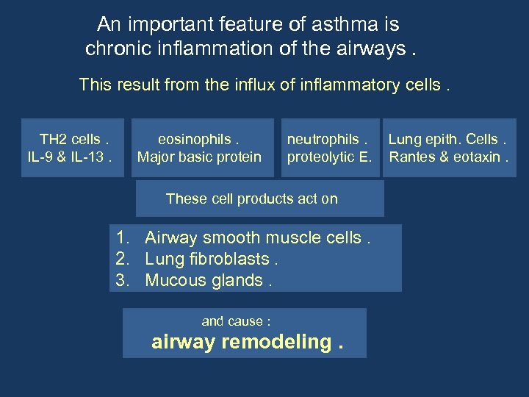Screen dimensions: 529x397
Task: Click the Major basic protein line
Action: click(x=199, y=157)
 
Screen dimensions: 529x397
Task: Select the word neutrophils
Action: click(x=323, y=140)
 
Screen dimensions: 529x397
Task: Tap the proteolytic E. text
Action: click(x=330, y=157)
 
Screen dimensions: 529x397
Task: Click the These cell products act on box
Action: click(x=252, y=198)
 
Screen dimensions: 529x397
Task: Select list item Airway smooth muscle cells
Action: click(x=254, y=237)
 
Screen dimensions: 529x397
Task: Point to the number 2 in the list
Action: click(x=121, y=259)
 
